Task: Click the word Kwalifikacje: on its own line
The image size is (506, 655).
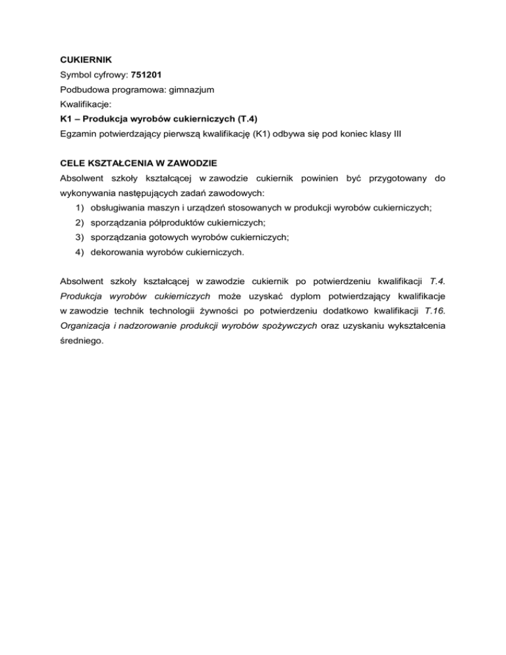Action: click(81, 104)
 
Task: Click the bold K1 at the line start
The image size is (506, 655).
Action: click(58, 119)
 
